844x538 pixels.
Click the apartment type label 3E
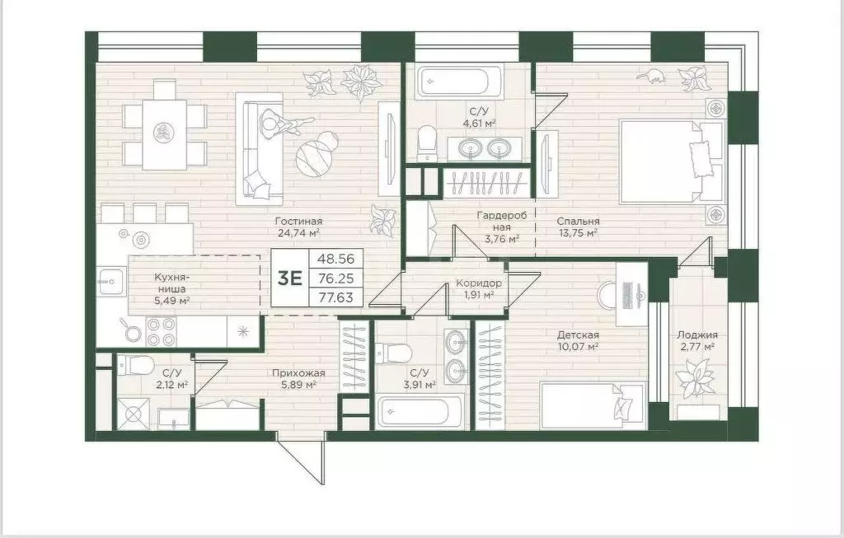tap(289, 278)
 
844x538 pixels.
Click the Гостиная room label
tap(299, 221)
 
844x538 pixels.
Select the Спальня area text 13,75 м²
tap(577, 234)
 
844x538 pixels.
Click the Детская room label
tap(577, 334)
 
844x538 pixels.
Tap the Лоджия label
tap(697, 334)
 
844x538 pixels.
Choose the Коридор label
tap(479, 283)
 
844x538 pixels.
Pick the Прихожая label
tap(298, 372)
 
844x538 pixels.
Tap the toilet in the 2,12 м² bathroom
tap(131, 363)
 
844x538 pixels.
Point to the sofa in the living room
tap(260, 147)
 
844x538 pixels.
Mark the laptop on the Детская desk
tap(634, 294)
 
